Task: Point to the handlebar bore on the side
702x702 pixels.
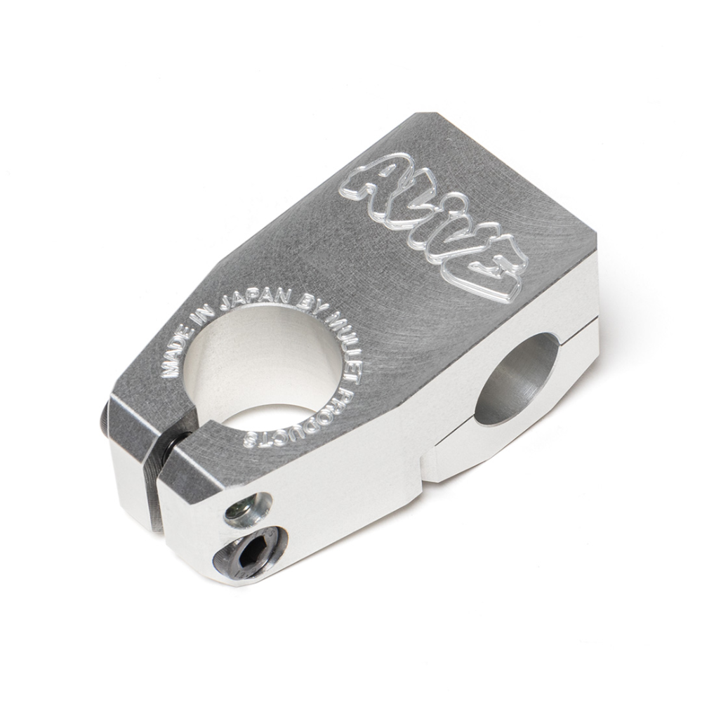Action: [x=516, y=379]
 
